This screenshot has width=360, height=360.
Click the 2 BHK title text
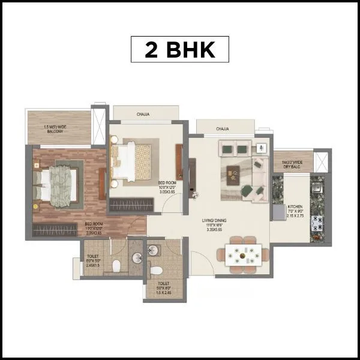180,50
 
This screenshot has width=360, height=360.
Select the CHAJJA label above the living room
223,128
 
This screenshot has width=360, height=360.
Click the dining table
243,255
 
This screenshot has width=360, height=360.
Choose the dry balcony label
289,163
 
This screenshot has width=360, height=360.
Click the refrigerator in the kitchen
280,212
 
